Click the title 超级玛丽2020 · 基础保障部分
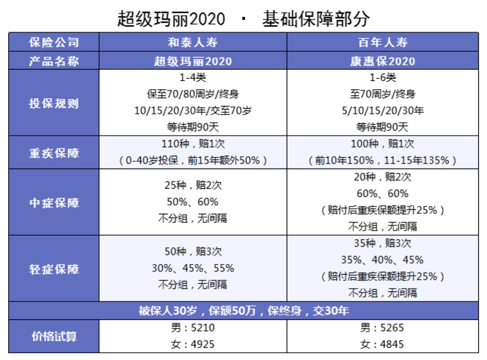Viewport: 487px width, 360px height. pyautogui.click(x=243, y=19)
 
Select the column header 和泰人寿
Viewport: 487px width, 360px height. pyautogui.click(x=193, y=42)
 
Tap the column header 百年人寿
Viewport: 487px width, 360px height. pyautogui.click(x=382, y=42)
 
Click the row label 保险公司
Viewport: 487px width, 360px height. pyautogui.click(x=54, y=42)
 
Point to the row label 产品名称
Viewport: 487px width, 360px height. pyautogui.click(x=54, y=61)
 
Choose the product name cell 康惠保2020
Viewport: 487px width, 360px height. pyautogui.click(x=382, y=61)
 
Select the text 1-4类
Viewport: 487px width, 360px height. pyautogui.click(x=193, y=78)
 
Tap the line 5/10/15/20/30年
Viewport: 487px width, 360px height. pyautogui.click(x=382, y=111)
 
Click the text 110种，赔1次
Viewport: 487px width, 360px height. pyautogui.click(x=193, y=144)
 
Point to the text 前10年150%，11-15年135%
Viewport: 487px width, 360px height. pyautogui.click(x=382, y=160)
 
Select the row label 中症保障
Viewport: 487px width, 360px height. pyautogui.click(x=54, y=202)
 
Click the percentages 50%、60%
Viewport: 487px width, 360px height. pyautogui.click(x=193, y=202)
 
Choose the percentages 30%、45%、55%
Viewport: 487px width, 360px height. pyautogui.click(x=193, y=268)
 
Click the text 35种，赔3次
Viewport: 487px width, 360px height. pyautogui.click(x=382, y=243)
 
